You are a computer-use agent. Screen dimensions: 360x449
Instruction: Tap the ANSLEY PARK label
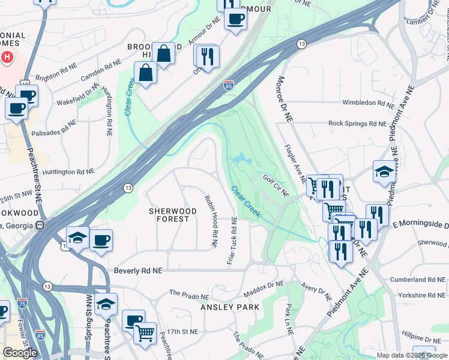pos(231,307)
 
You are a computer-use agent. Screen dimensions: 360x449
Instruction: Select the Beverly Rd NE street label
pos(138,271)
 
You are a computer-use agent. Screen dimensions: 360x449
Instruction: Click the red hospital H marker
pos(7,58)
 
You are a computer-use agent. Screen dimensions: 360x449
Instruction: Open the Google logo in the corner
pos(20,353)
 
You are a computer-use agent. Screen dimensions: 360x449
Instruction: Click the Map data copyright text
pos(411,355)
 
